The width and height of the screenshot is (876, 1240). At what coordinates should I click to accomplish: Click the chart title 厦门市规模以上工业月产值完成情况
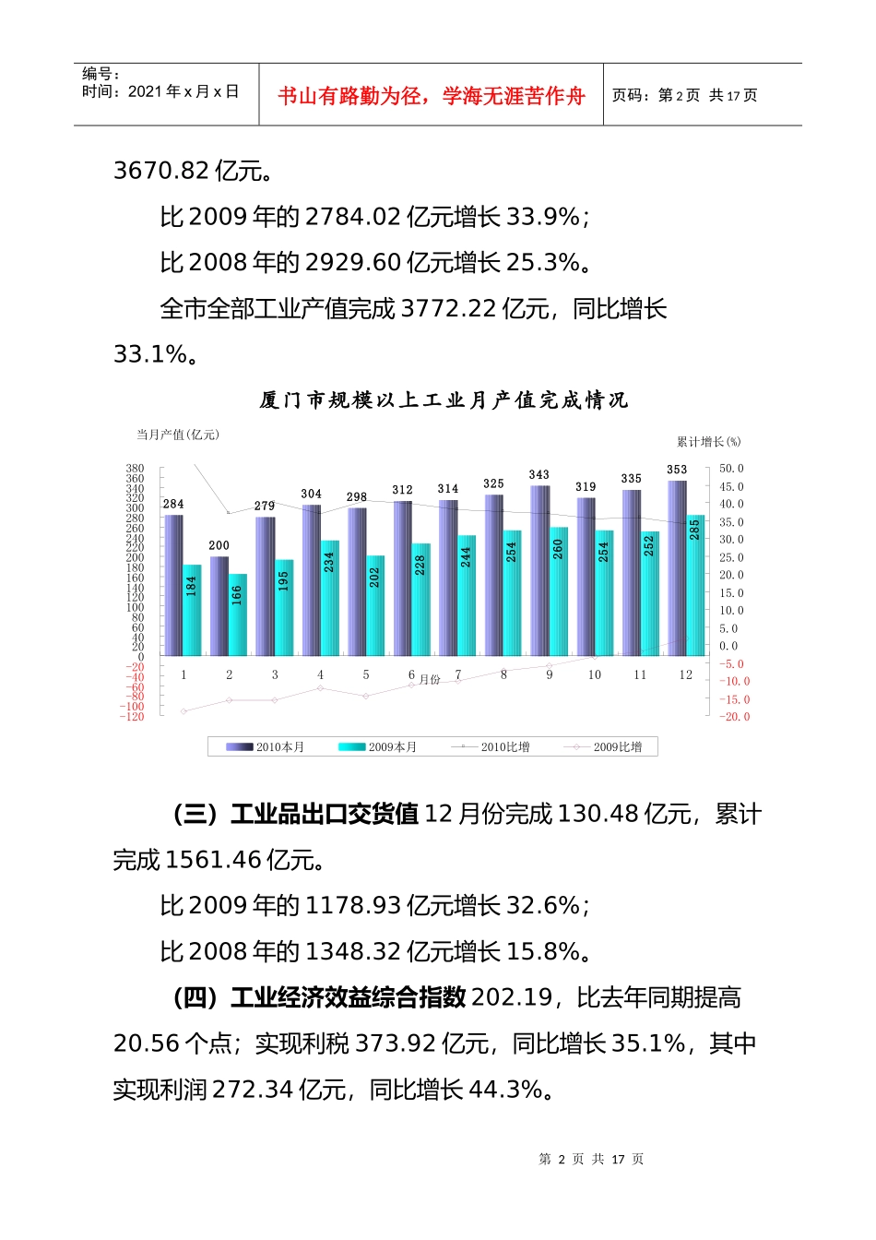(444, 400)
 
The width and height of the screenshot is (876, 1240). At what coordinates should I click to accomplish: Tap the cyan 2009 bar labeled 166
(237, 615)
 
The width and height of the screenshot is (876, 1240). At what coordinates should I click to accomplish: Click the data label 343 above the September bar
(539, 474)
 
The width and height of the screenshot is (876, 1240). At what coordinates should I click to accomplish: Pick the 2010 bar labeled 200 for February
(219, 607)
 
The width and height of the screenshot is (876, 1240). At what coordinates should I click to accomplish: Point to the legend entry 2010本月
(267, 747)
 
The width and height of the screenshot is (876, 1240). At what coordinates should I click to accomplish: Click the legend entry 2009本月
(380, 747)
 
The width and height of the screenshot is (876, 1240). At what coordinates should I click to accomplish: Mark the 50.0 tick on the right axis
(731, 469)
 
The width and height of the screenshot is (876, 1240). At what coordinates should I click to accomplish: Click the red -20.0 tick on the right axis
(735, 717)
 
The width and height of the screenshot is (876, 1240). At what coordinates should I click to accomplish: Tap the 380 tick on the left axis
(135, 469)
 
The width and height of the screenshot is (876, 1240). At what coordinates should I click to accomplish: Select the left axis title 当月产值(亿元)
(178, 435)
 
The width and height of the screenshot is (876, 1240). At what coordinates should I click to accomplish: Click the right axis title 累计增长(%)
(708, 442)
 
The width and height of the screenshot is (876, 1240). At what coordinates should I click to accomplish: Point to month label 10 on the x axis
(595, 675)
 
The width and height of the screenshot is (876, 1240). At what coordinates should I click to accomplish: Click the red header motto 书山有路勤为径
(431, 96)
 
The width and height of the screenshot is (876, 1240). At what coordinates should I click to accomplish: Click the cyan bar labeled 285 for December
(694, 586)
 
